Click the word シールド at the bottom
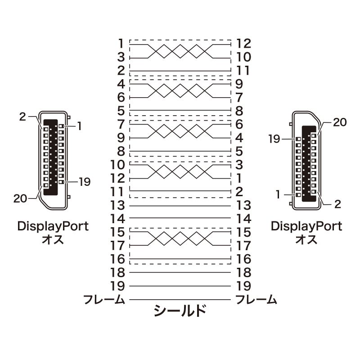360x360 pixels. click(180, 310)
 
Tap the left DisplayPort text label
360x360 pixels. click(53, 226)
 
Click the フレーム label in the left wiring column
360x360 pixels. click(104, 299)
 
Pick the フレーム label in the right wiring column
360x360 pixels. click(256, 299)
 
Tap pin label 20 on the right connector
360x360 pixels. click(340, 122)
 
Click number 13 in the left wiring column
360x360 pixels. click(117, 206)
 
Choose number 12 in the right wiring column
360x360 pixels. click(243, 44)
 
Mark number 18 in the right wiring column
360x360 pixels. click(243, 273)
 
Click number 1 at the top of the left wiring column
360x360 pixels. click(120, 44)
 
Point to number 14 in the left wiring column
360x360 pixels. click(117, 219)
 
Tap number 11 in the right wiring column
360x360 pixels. click(243, 71)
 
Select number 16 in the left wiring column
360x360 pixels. click(117, 259)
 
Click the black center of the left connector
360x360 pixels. click(51, 157)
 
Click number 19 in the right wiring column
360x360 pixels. click(243, 286)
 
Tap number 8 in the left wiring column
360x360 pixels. click(120, 151)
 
